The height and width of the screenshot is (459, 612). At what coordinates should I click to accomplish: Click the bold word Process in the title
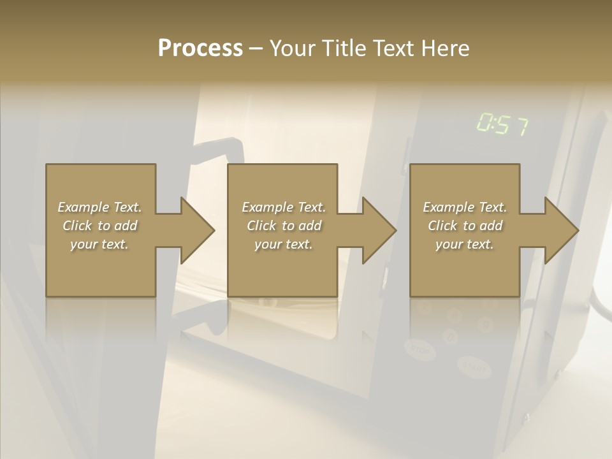click(x=200, y=48)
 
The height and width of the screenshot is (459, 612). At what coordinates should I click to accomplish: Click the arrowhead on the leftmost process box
click(x=198, y=230)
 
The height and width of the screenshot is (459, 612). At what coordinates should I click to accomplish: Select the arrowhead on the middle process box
click(x=379, y=230)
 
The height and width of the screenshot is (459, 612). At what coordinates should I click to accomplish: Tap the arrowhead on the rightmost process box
click(x=562, y=230)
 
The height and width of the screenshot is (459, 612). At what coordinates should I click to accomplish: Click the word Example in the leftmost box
click(x=83, y=207)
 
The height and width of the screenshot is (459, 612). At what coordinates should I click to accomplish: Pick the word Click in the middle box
click(x=261, y=226)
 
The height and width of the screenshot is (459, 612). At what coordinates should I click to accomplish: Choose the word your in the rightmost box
click(x=449, y=244)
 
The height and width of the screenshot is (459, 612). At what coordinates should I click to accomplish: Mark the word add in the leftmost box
click(x=126, y=226)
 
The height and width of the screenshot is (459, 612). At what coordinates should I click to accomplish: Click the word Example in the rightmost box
click(x=448, y=207)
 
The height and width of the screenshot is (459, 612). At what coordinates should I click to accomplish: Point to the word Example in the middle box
click(x=267, y=207)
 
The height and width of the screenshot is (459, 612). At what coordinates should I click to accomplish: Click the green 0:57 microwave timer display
click(x=502, y=125)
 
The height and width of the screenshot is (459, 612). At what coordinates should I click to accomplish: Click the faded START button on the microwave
click(x=474, y=366)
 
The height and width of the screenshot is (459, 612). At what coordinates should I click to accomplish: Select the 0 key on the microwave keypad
click(x=451, y=335)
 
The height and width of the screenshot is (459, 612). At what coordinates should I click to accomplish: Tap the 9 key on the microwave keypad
click(x=486, y=324)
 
